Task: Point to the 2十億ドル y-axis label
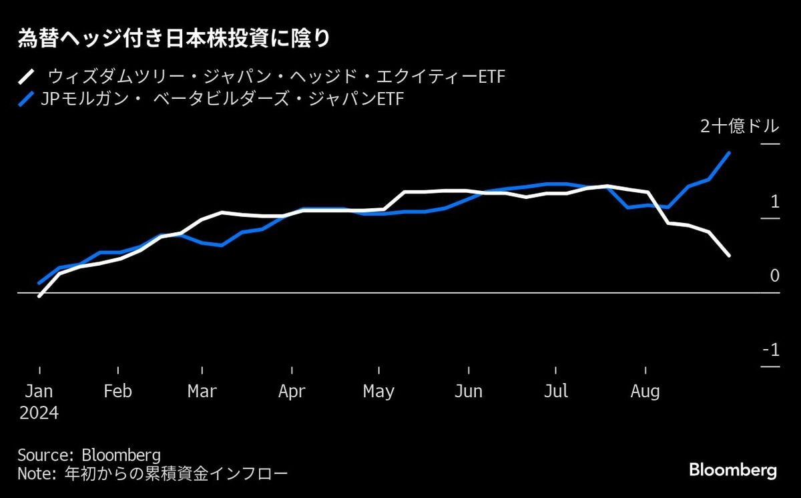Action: coord(739,127)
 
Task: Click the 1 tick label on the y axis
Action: coord(774,201)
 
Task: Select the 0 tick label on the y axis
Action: coord(774,275)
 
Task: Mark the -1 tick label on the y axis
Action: coord(770,350)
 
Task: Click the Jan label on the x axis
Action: coord(39,391)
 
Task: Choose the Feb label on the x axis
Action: coord(117,391)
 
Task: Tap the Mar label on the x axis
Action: coord(202,391)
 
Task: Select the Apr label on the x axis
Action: coord(292,391)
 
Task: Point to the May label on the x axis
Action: coord(378,391)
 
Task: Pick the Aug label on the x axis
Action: coord(645,391)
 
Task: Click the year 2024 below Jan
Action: coord(39,413)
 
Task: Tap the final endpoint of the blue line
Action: coord(729,153)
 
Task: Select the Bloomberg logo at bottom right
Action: coord(732,470)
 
